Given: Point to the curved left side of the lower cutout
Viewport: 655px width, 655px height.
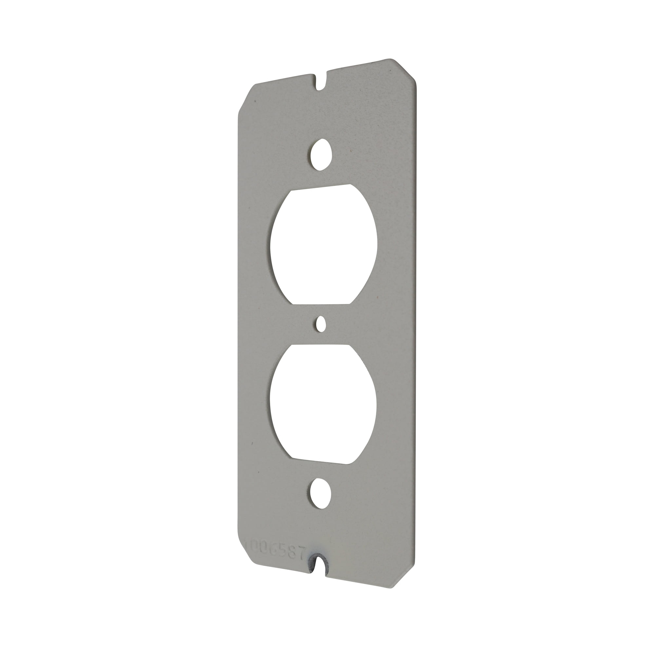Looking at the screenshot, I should pos(271,407).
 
